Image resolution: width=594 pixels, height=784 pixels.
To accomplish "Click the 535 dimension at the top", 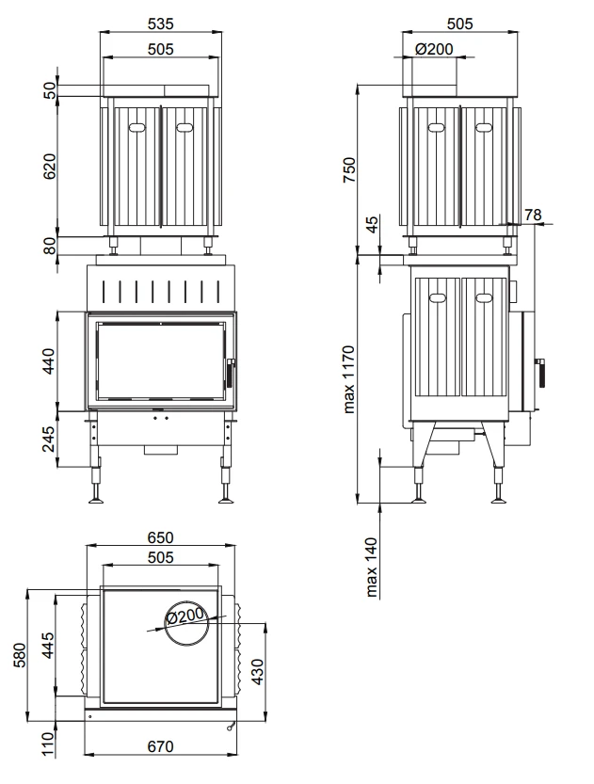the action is pyautogui.click(x=160, y=24).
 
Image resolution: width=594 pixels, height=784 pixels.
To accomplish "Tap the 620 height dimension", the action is pyautogui.click(x=50, y=167).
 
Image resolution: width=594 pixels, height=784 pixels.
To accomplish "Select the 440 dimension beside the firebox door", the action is pyautogui.click(x=50, y=361).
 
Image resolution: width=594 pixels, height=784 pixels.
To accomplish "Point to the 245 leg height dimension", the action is pyautogui.click(x=49, y=439).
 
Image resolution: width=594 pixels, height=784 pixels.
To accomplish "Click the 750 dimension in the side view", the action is pyautogui.click(x=349, y=169).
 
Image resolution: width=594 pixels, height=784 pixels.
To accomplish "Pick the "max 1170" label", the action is pyautogui.click(x=349, y=379).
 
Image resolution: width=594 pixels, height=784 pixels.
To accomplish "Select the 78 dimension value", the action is pyautogui.click(x=533, y=215).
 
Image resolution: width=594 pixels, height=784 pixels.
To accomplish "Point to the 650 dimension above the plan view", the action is pyautogui.click(x=160, y=537).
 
